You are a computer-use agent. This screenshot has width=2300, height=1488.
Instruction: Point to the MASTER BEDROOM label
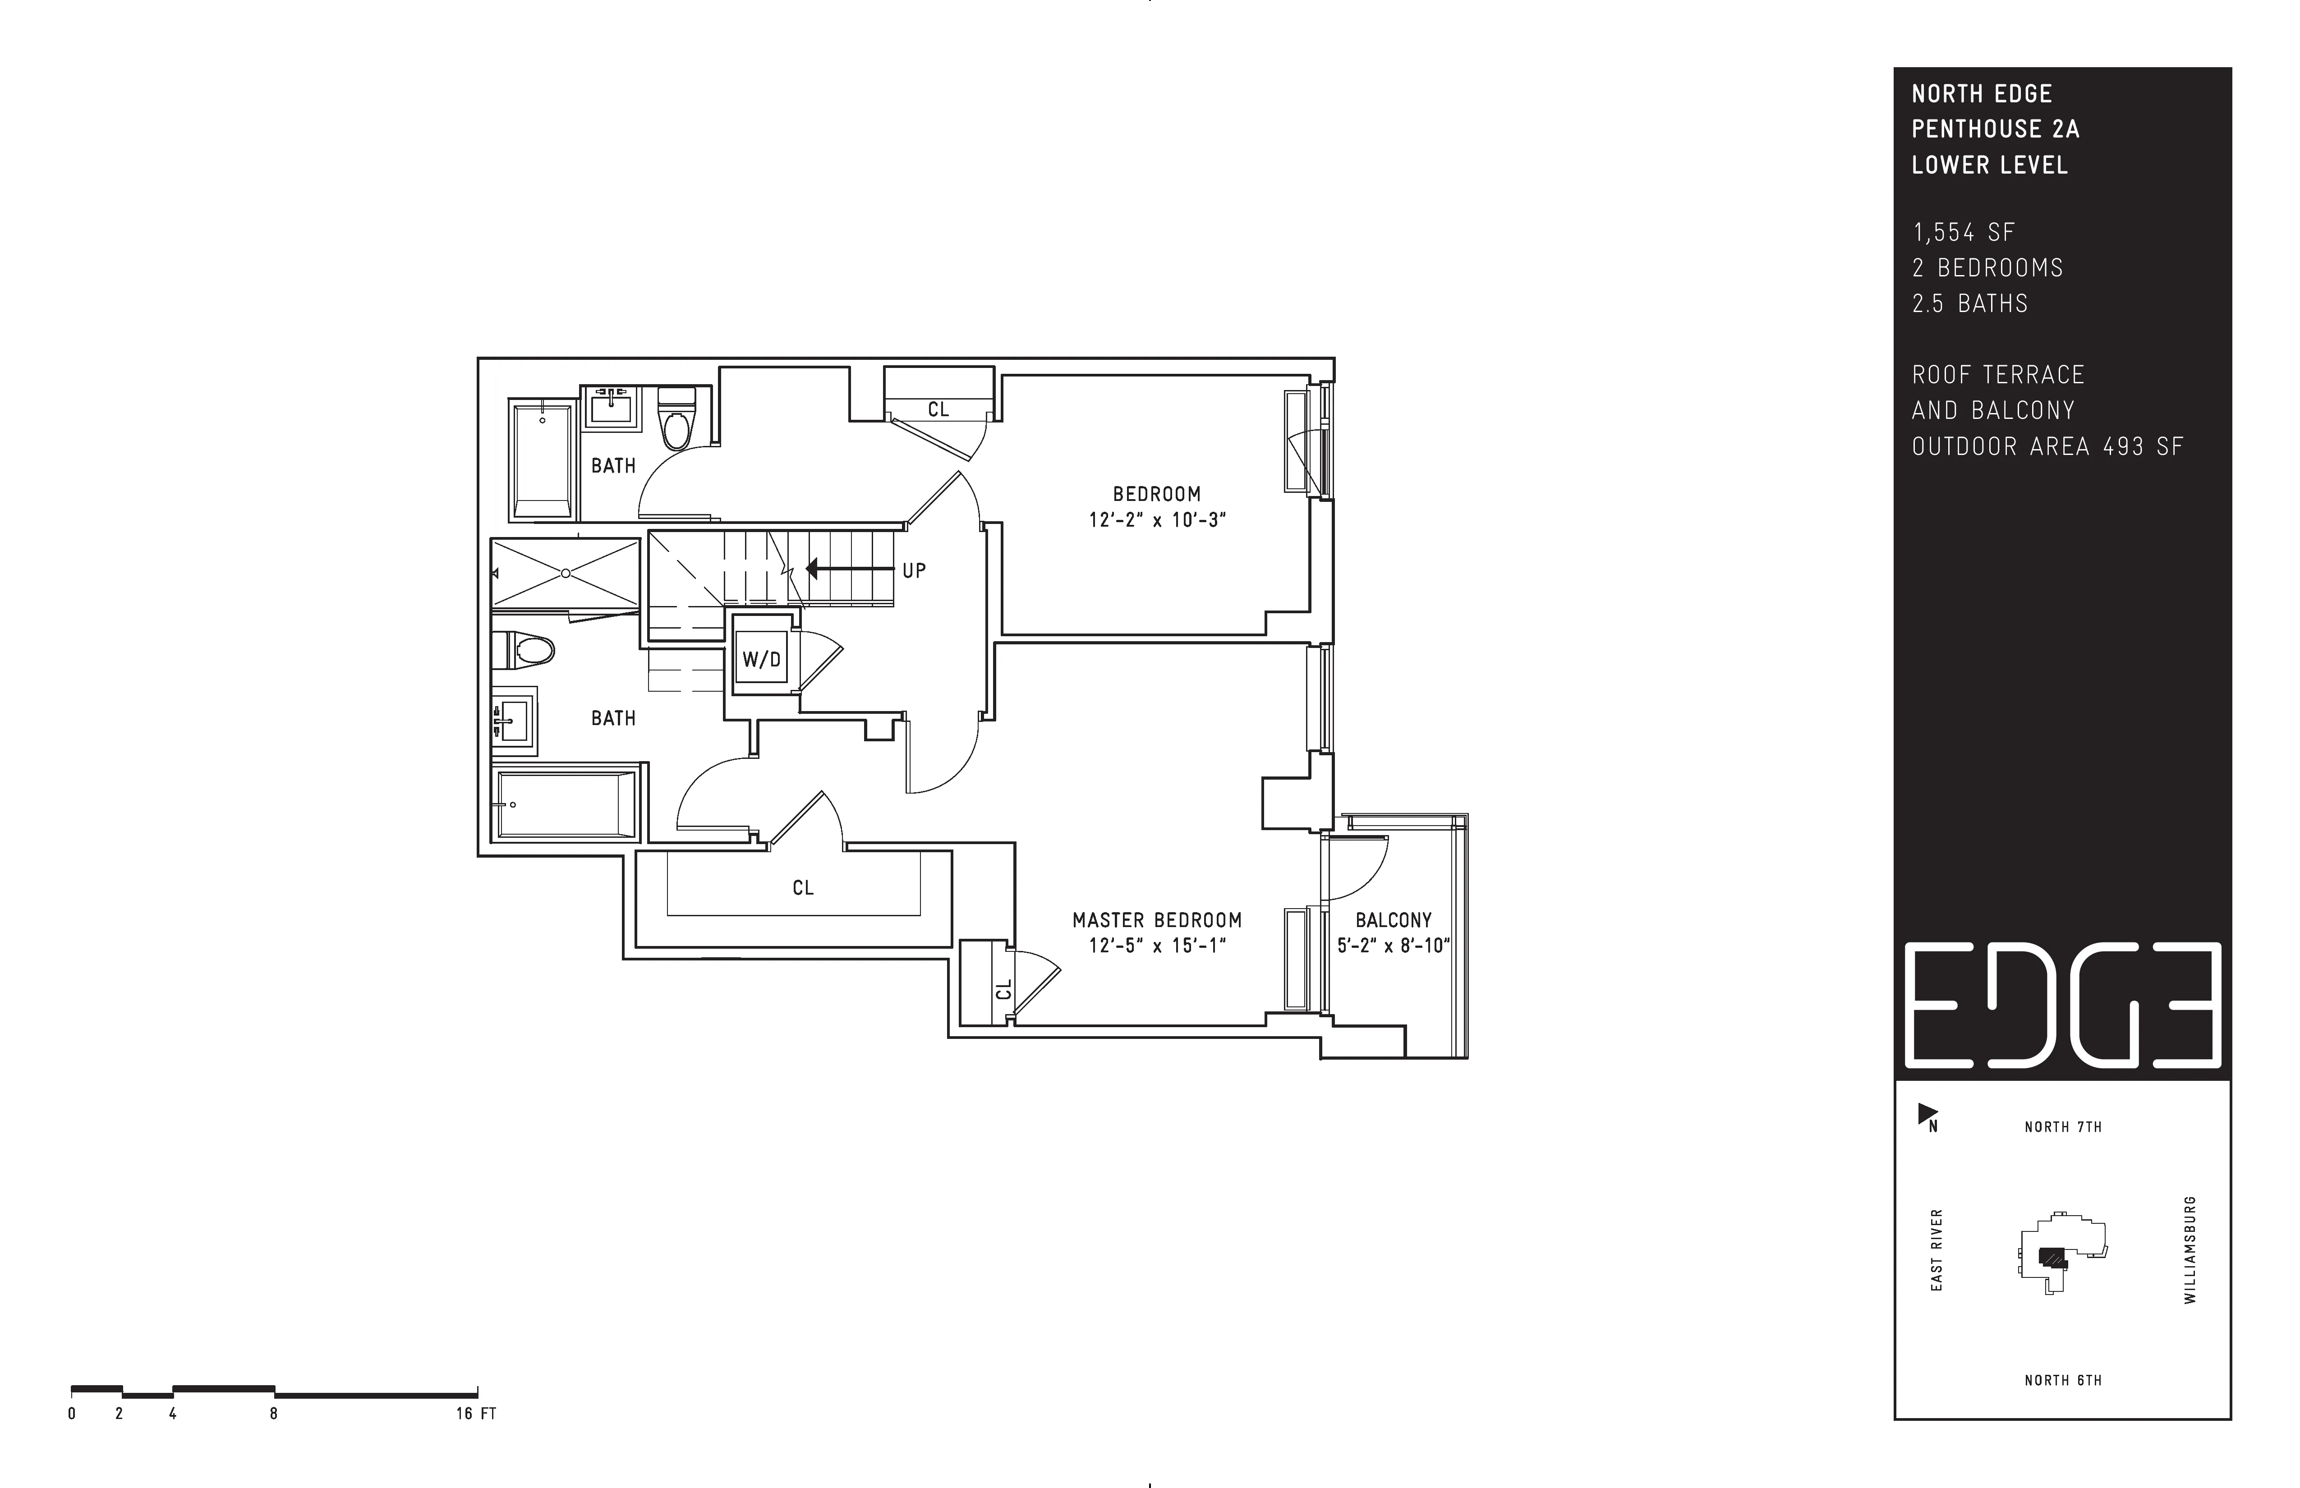pos(1157,920)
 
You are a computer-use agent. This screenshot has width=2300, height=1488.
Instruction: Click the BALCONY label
pos(1393,920)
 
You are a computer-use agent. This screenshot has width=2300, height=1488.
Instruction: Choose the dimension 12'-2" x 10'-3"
pos(1157,520)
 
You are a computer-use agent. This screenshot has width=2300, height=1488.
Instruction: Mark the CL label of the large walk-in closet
pos(803,887)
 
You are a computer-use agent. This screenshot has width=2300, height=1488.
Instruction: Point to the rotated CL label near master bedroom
pos(1003,989)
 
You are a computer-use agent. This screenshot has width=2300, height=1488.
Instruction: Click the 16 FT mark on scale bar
pos(475,1414)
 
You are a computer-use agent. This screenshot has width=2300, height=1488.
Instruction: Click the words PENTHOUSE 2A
pos(1995,129)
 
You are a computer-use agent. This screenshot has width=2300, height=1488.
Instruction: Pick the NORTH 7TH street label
pos(2063,1127)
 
